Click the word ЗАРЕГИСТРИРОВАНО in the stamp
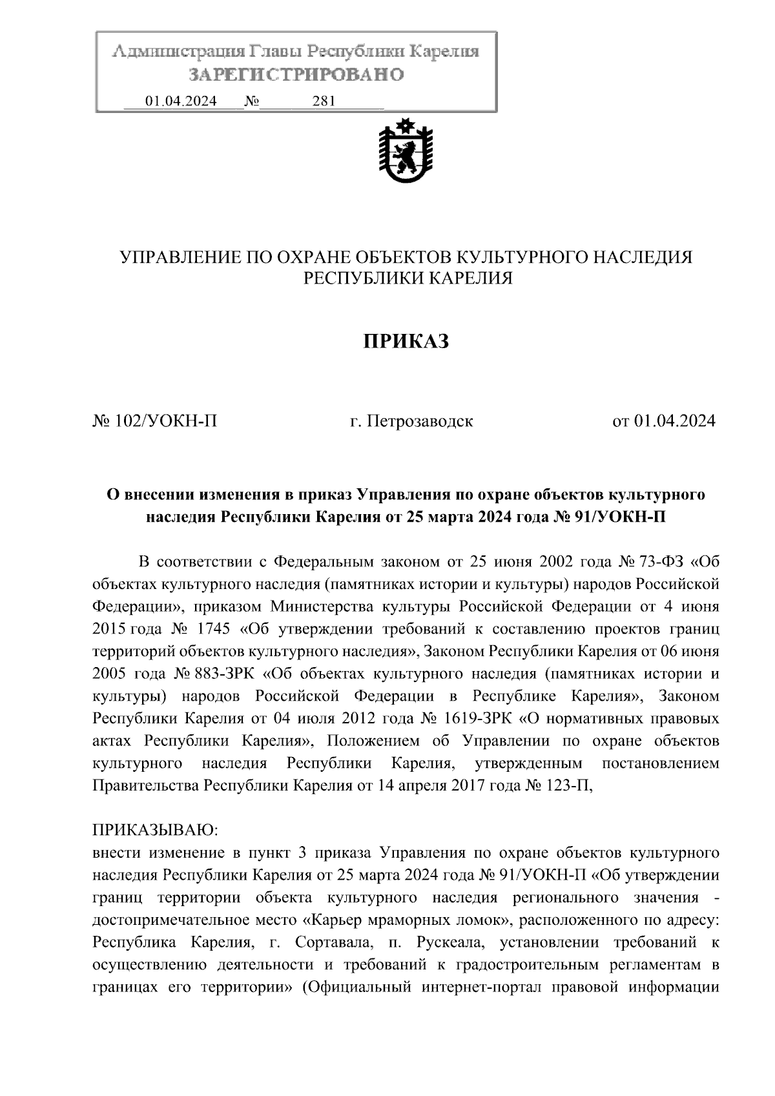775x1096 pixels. pos(296,76)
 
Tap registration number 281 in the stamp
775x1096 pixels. pos(323,101)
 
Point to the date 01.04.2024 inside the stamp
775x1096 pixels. pos(181,101)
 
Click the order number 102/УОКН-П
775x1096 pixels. pos(166,422)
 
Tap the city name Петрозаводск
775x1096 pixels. pos(420,422)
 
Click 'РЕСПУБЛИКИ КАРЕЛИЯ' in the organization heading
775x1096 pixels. pos(408,278)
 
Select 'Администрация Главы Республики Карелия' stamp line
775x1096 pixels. pos(296,52)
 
